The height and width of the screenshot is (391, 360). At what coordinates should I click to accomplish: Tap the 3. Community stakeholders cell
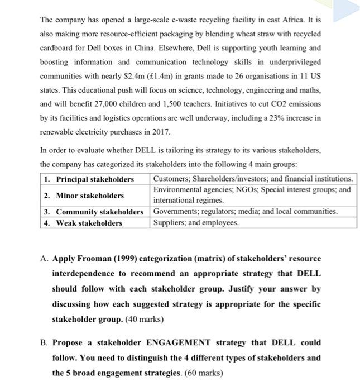pos(93,212)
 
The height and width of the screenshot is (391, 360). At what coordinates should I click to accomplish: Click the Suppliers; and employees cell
pos(196,223)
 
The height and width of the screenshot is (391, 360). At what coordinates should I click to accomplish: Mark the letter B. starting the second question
pos(44,342)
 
